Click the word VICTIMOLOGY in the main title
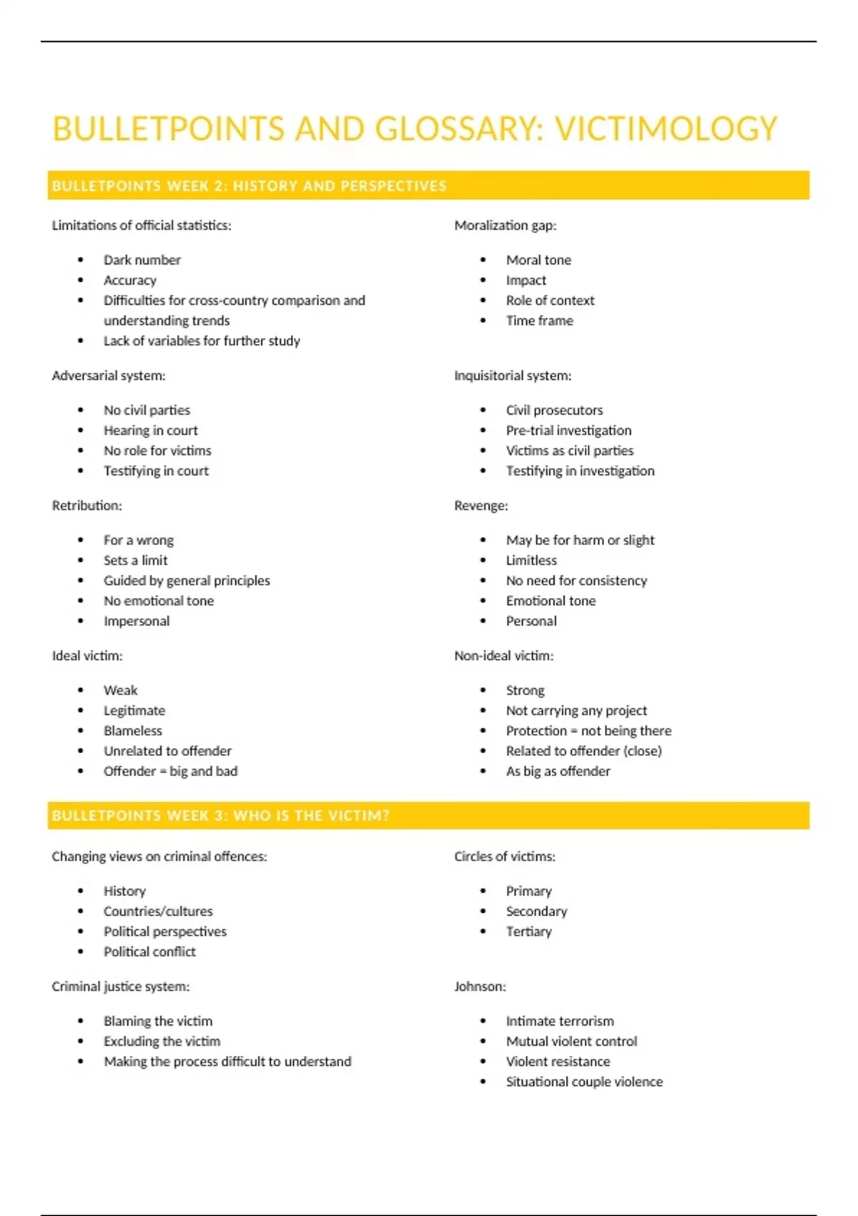(666, 129)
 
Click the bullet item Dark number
(142, 260)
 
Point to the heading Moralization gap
(505, 225)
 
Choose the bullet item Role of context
(550, 300)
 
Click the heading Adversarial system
(108, 376)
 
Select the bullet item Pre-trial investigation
(568, 430)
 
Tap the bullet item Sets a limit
(135, 560)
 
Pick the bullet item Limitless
(531, 560)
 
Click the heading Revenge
(480, 506)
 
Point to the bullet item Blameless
(132, 730)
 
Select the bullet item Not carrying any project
(576, 710)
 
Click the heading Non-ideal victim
(503, 656)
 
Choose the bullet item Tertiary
(528, 931)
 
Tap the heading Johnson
(479, 986)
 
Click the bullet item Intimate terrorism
(560, 1021)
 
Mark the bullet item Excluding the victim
(162, 1041)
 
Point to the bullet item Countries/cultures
(158, 911)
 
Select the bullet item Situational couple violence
(584, 1082)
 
